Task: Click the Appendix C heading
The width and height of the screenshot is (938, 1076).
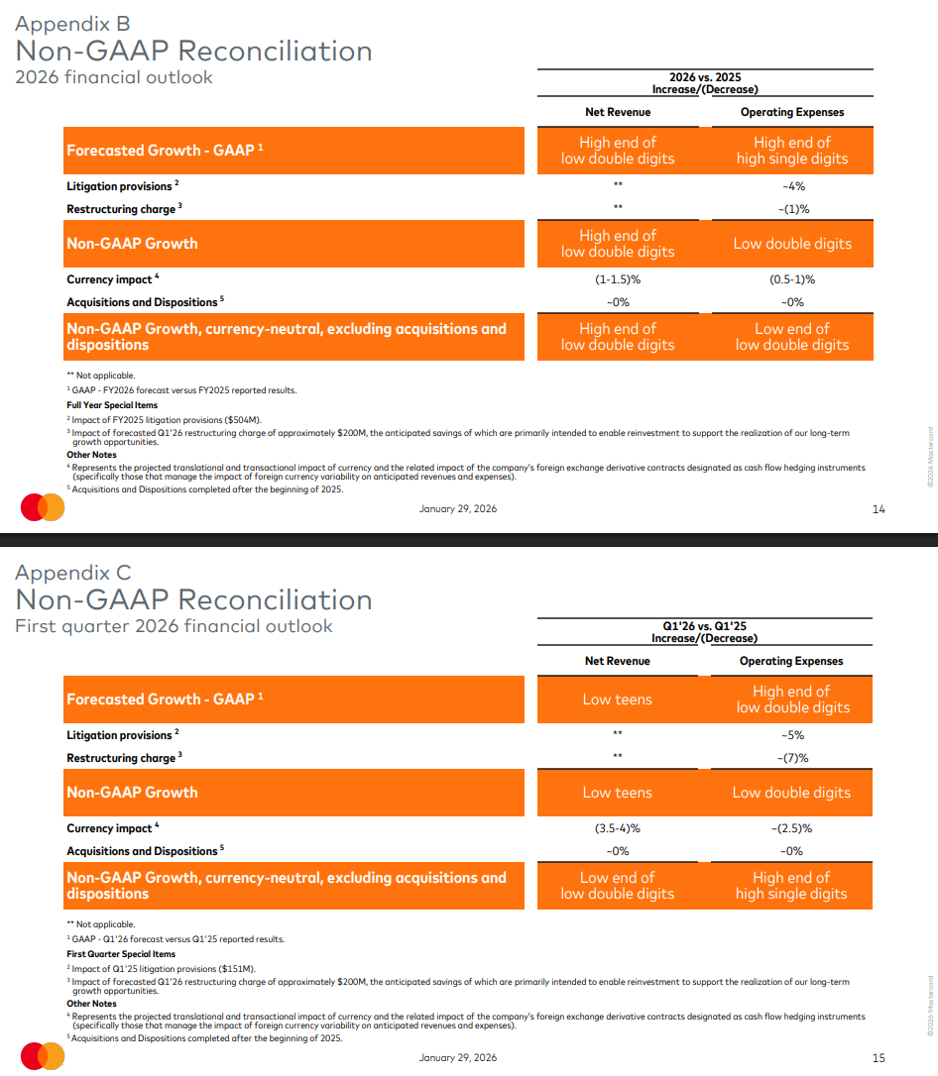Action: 72,573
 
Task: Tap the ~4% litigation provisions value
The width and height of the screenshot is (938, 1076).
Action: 792,186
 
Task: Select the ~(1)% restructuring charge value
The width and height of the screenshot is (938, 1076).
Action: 792,209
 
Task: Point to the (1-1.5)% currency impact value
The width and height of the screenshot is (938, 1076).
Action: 617,279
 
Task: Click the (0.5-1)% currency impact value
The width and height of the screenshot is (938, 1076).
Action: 792,279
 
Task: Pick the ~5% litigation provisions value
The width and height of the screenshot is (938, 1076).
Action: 792,735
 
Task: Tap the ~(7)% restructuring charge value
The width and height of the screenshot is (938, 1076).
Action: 792,758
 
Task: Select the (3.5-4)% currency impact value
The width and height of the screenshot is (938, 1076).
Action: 617,828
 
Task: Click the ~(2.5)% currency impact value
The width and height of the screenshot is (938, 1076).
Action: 792,828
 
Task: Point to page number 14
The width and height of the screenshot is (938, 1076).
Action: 878,509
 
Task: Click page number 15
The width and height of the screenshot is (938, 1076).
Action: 878,1058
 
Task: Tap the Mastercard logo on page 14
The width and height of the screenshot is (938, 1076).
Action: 43,508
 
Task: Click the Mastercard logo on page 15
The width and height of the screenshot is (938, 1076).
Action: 43,1057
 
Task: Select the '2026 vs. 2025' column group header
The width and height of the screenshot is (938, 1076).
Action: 705,77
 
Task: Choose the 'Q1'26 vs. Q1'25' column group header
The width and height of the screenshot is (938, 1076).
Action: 705,626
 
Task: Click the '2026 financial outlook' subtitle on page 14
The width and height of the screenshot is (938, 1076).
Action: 114,77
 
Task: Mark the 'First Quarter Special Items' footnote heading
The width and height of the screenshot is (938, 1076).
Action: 121,954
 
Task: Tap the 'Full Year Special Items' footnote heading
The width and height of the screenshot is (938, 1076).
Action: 112,405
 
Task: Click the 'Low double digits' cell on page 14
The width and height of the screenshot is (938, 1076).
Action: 792,244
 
